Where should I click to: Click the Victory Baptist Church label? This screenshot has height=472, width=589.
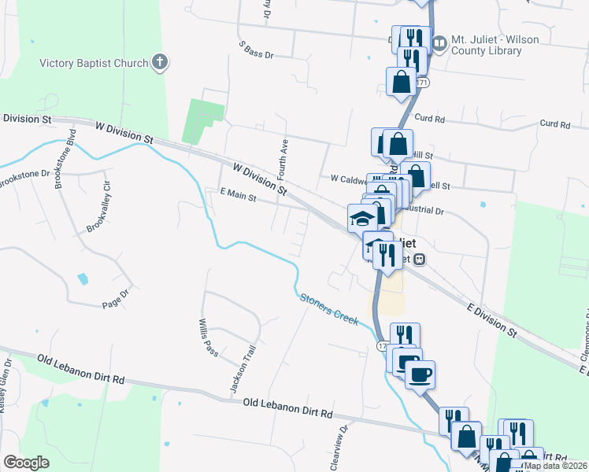tap(94, 63)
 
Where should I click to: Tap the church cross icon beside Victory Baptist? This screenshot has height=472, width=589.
tap(160, 62)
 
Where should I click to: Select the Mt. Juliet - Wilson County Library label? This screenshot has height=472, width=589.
tap(486, 45)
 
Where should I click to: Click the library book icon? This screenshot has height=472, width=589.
tap(438, 40)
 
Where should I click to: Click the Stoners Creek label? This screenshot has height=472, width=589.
tap(328, 308)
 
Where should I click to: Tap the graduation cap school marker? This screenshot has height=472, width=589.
tap(362, 218)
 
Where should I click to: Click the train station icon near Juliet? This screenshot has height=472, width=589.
tap(420, 258)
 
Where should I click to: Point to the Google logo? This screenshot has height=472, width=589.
tap(27, 463)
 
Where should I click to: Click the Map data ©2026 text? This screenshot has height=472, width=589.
tap(556, 466)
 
